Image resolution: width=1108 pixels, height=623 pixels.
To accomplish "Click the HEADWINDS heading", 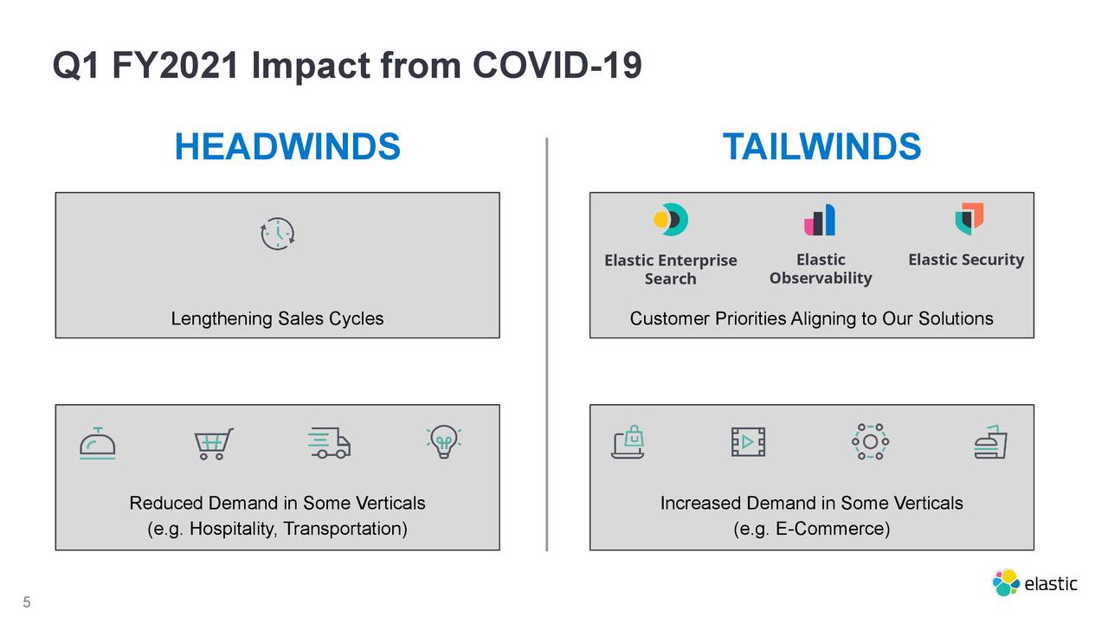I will pos(287,147).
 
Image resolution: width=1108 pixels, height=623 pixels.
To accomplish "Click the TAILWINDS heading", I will pos(821,147).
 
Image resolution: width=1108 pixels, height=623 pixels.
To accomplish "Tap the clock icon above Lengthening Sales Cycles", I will pos(278,234).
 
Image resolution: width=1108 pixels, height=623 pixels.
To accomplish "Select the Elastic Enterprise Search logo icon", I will pos(670,220).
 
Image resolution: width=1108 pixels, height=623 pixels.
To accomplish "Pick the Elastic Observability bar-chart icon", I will pos(820,220).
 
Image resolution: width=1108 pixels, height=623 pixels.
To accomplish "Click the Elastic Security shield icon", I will pos(969,219).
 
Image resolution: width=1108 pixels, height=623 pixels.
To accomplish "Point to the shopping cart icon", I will pos(213,444).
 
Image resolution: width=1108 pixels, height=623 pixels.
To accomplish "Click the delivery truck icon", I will pos(329,443).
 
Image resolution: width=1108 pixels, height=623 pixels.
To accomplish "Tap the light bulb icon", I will pos(443,442).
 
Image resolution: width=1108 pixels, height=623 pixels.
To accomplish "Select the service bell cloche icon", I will pos(97,444).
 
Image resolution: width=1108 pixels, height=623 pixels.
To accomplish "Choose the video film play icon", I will pos(748,443).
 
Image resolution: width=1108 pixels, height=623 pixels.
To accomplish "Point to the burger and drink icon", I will pos(990,442).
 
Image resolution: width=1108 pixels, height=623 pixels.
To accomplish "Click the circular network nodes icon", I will pos(870,442).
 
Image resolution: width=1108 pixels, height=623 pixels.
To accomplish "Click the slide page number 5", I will pos(26,603).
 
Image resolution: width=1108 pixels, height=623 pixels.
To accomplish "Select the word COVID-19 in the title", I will pos(557,66).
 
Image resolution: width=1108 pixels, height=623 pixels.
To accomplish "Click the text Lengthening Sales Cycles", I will pos(277,319).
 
